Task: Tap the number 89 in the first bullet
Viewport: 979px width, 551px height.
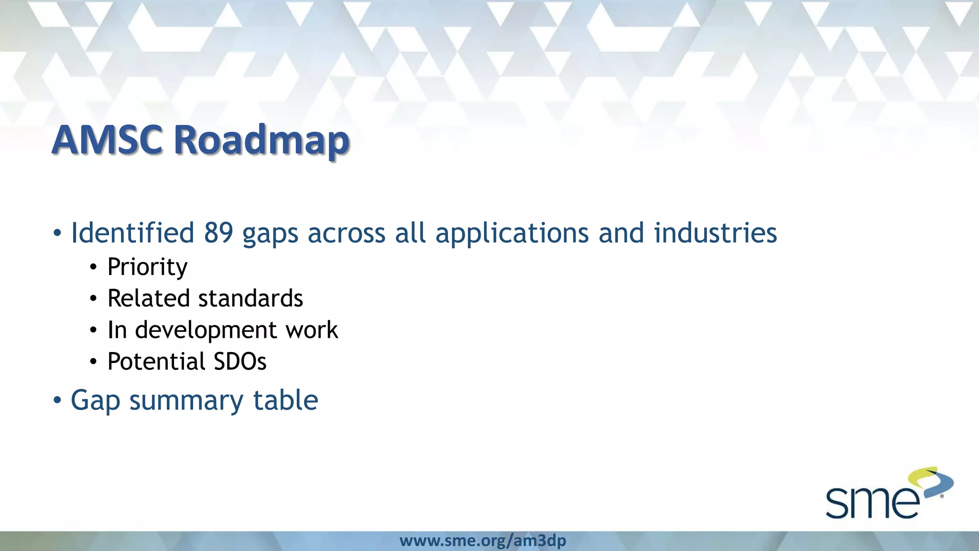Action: click(218, 233)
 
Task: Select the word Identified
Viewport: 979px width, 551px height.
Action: click(132, 233)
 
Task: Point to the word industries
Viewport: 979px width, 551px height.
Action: click(715, 233)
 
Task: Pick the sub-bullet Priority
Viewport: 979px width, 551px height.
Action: click(147, 267)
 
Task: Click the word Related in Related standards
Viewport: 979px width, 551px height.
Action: click(149, 298)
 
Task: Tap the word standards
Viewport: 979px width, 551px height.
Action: click(250, 298)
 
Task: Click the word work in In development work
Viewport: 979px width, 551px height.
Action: click(312, 330)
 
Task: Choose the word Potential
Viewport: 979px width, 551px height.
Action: click(156, 362)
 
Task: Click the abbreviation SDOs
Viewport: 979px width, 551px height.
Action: click(240, 362)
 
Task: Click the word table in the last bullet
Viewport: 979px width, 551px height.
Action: click(285, 400)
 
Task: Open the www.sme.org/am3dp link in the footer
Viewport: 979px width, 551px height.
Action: click(483, 541)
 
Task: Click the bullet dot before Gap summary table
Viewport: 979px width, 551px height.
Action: click(57, 400)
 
